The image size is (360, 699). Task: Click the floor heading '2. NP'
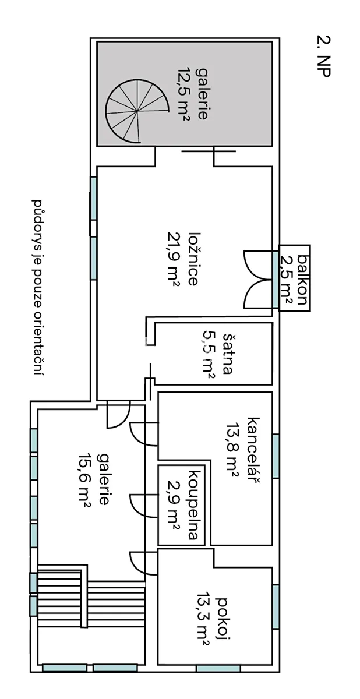coord(324,56)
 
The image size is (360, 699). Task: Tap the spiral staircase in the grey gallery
coord(137,111)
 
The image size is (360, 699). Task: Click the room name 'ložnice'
coord(193,259)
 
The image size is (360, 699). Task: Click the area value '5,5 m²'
coord(208,354)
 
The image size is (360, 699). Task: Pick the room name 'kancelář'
coord(253,450)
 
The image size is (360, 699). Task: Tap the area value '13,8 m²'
coord(233,450)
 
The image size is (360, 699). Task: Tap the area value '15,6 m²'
coord(85,480)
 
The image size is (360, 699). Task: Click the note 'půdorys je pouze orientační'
coord(38,287)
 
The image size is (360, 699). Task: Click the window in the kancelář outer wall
coord(276,456)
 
